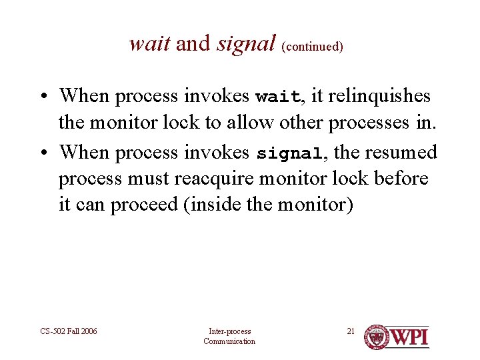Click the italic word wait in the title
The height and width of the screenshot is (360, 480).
(x=150, y=44)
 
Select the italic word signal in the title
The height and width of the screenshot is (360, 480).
(x=246, y=44)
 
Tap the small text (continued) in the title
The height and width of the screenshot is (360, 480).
(x=313, y=47)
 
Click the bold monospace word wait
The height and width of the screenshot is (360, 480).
(x=278, y=97)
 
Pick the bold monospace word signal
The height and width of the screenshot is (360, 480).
(x=290, y=153)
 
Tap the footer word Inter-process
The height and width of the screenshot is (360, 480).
(x=229, y=331)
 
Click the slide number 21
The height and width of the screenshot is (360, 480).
(x=351, y=331)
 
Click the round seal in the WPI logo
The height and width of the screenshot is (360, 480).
(x=377, y=337)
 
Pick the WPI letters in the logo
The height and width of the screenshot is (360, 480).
(x=409, y=337)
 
